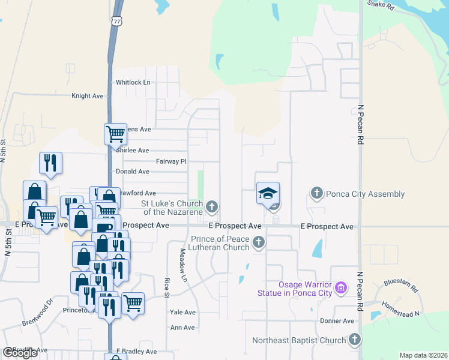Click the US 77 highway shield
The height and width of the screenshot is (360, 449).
tap(116, 20)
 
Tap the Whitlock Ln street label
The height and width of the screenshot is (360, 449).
tap(133, 82)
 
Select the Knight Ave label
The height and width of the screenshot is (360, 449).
tap(88, 95)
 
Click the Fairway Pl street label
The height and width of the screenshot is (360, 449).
tap(172, 161)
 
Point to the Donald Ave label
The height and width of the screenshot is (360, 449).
tap(132, 171)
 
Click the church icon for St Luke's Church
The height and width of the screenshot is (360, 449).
tap(211, 207)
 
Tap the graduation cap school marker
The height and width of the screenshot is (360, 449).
tap(268, 193)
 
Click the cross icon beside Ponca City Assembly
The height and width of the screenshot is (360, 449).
tap(317, 193)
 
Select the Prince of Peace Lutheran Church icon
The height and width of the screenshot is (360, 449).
tap(259, 242)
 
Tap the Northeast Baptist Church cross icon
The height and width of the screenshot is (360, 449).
tap(354, 340)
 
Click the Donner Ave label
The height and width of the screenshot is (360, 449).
tap(337, 321)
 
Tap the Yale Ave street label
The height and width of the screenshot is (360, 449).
tap(183, 313)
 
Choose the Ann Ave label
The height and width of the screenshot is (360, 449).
tap(183, 328)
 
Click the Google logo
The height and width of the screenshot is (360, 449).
tap(20, 353)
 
